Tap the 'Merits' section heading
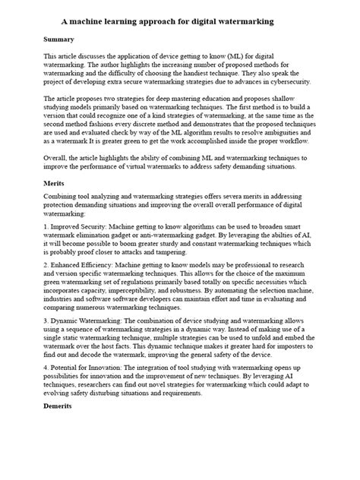point(55,183)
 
